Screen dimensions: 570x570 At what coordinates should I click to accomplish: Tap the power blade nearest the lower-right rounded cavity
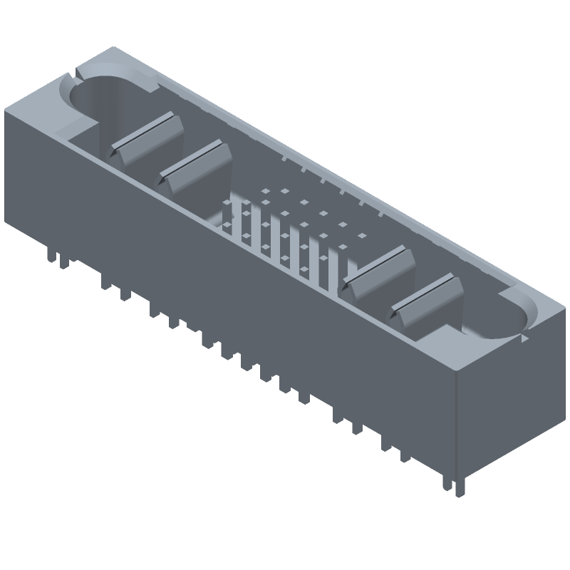[427, 300]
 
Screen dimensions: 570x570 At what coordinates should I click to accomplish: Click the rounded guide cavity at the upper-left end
[107, 96]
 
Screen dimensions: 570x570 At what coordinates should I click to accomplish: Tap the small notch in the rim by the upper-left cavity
[76, 72]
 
